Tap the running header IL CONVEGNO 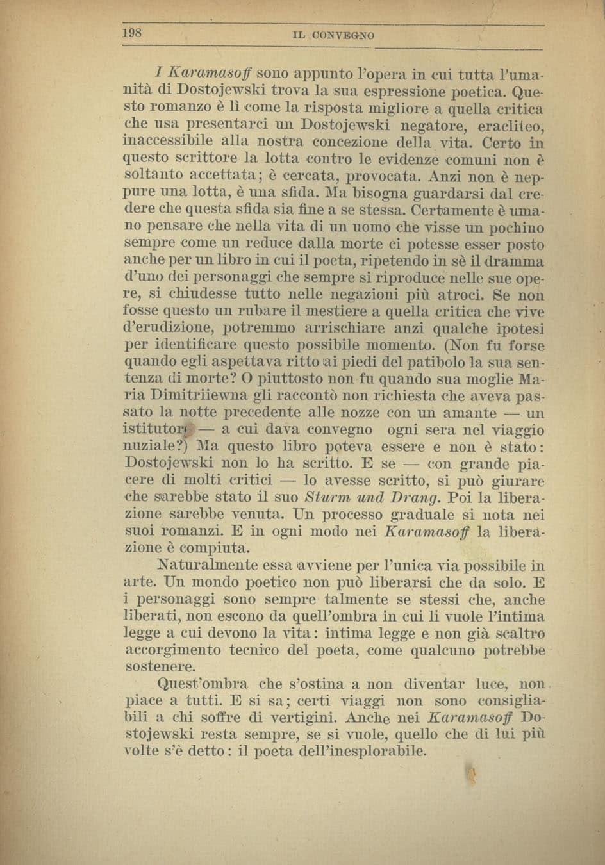coord(333,36)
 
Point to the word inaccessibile coord(162,142)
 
